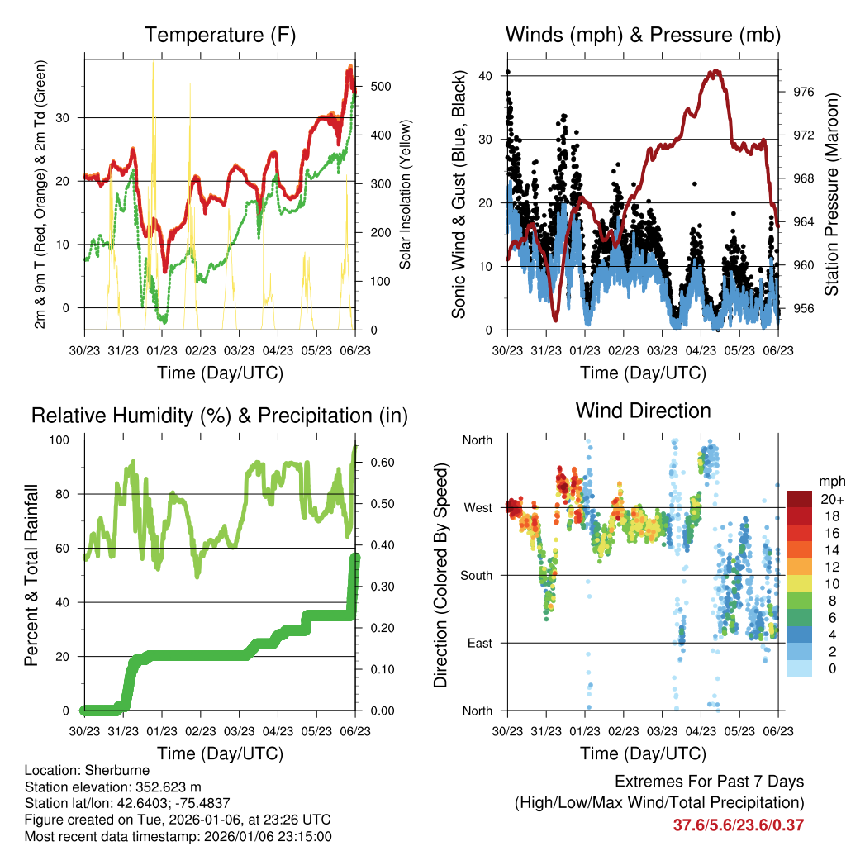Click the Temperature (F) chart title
pyautogui.click(x=220, y=35)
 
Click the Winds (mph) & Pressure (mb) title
pyautogui.click(x=643, y=35)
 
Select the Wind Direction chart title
pyautogui.click(x=643, y=411)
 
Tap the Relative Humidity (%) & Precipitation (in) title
pyautogui.click(x=220, y=416)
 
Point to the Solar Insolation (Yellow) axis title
pyautogui.click(x=405, y=195)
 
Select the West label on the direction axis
pyautogui.click(x=478, y=507)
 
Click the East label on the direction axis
pyautogui.click(x=478, y=643)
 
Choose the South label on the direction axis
pyautogui.click(x=476, y=575)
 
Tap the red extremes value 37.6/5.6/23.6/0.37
pyautogui.click(x=739, y=825)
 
